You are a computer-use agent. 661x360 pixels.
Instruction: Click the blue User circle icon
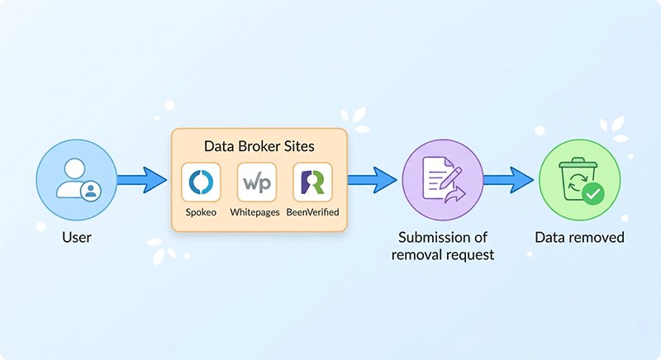[x=76, y=179]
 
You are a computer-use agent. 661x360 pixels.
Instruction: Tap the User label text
[x=76, y=238]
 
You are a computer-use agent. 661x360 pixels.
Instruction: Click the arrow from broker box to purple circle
[x=372, y=178]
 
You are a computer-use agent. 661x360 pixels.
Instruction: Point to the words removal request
[x=444, y=254]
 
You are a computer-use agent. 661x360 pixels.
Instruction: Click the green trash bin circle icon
[x=578, y=179]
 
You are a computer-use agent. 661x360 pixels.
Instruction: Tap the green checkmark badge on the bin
[x=592, y=194]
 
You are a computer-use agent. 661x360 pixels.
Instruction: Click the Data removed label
[x=579, y=238]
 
